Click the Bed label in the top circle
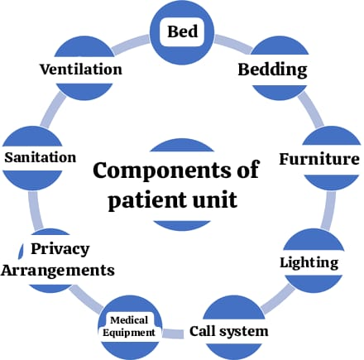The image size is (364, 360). tap(183, 31)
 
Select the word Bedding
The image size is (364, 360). tap(272, 70)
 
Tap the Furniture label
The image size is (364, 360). tap(319, 159)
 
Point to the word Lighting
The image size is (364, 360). tap(309, 263)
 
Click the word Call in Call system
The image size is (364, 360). tap(202, 331)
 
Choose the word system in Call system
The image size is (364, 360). tap(243, 332)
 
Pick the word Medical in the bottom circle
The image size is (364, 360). tap(129, 320)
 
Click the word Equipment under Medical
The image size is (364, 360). tap(129, 333)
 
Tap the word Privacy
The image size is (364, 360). tap(60, 249)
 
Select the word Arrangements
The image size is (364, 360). tap(58, 271)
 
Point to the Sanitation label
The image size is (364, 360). tap(41, 157)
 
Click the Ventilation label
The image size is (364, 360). tap(81, 70)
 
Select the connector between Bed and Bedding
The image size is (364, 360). tap(233, 44)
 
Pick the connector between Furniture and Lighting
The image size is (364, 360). tap(329, 210)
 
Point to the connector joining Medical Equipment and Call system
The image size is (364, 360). tap(173, 334)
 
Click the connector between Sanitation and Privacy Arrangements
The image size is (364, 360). tap(36, 210)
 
